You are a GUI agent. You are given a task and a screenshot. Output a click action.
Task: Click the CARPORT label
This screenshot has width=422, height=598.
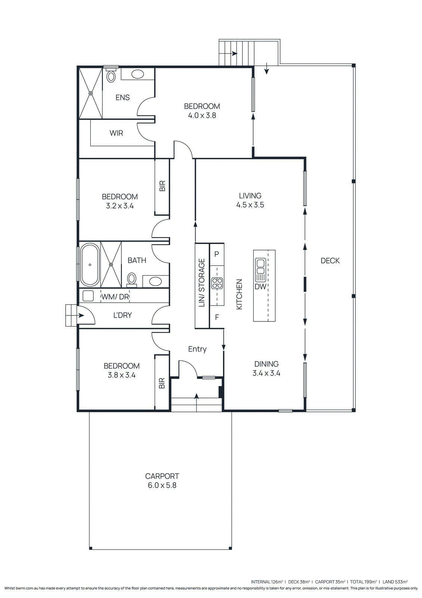[162, 476]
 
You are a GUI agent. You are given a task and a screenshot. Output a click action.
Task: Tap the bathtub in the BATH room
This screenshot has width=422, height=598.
[90, 265]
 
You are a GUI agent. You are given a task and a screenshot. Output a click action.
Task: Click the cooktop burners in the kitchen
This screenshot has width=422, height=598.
[217, 283]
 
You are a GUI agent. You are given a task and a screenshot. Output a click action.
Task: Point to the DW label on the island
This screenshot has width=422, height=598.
[260, 287]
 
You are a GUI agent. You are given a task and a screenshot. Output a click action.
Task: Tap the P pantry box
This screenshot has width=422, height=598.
[217, 254]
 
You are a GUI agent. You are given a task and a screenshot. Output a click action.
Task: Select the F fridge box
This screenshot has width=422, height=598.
[217, 317]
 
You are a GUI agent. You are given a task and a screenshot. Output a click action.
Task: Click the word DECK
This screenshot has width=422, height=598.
[330, 261]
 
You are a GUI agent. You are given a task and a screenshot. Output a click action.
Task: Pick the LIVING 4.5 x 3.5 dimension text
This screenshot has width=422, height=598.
[250, 205]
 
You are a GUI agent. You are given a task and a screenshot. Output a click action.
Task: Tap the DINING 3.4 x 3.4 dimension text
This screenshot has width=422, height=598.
[266, 373]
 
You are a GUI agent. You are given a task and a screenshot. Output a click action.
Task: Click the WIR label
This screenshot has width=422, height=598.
[116, 133]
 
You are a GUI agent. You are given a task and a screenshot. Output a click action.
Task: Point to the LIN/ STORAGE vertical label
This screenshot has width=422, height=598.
[202, 283]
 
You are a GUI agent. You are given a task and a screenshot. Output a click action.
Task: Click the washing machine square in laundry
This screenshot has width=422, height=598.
[88, 296]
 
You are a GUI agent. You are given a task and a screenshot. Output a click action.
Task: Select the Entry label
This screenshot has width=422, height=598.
[197, 349]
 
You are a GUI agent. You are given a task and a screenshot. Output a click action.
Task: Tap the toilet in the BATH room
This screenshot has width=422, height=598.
[132, 279]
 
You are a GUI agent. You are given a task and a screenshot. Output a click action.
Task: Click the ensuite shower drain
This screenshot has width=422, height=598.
[91, 93]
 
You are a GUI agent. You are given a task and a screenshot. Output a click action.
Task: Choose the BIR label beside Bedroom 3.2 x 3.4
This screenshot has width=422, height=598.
[162, 186]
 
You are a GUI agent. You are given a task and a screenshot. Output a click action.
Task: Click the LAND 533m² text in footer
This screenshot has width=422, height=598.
[395, 582]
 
